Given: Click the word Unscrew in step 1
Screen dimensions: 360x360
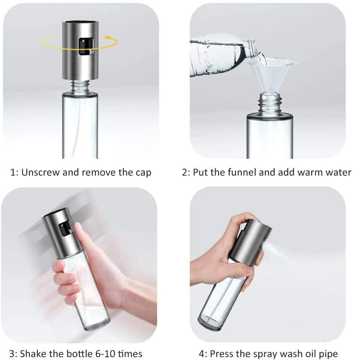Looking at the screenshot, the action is tap(40, 172).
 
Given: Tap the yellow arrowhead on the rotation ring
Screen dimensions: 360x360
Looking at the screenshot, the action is tap(108, 37).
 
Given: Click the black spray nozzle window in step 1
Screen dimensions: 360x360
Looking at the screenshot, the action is tap(86, 47).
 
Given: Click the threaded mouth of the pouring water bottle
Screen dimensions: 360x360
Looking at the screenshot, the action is tap(252, 48).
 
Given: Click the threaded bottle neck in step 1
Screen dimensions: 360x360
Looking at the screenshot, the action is tap(80, 86).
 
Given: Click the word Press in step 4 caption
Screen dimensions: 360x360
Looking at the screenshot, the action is tap(221, 354).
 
